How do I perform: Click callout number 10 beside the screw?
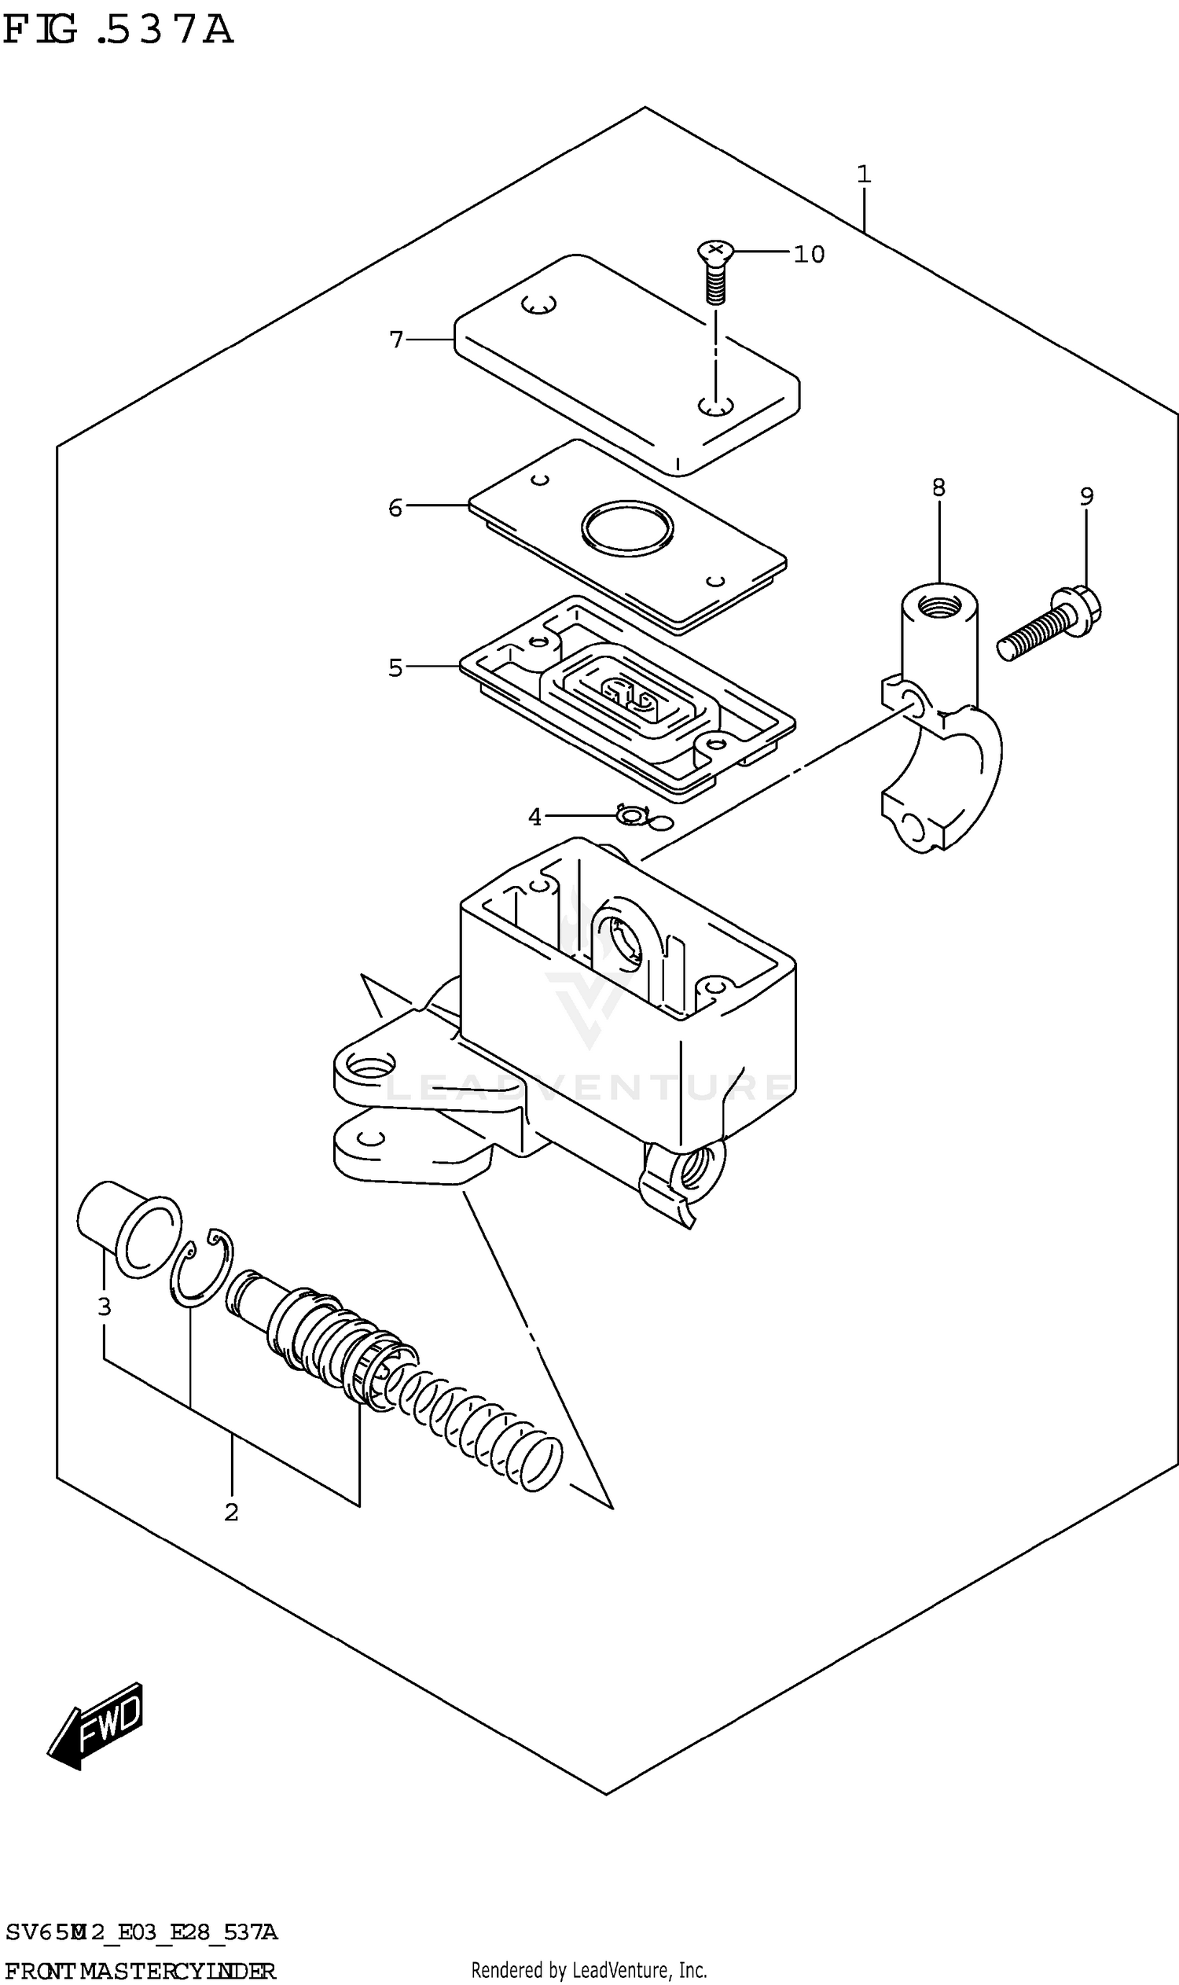[x=809, y=254]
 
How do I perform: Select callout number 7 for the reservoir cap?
[x=396, y=340]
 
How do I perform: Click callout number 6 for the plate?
[x=395, y=508]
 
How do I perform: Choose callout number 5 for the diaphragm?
[x=395, y=668]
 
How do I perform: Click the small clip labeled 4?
[x=633, y=814]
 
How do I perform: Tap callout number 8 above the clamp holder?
[x=938, y=488]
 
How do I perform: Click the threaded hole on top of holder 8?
[x=938, y=609]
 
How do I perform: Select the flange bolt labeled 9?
[x=1049, y=627]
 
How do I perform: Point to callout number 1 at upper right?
[x=864, y=174]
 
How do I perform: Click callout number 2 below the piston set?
[x=231, y=1513]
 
